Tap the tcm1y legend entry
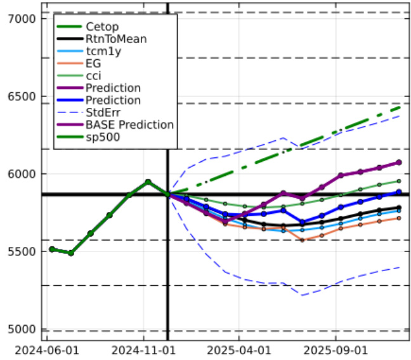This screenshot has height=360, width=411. (x=103, y=51)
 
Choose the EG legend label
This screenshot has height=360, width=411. (x=93, y=63)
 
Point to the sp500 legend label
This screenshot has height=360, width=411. (x=102, y=137)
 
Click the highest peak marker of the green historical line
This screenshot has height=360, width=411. (x=148, y=182)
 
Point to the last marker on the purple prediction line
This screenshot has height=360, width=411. (x=398, y=163)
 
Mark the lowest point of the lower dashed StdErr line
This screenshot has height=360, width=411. (x=302, y=295)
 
